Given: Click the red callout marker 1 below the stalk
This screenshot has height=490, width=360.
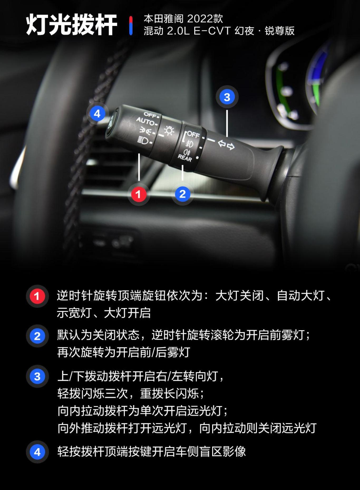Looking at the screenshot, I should [139, 194].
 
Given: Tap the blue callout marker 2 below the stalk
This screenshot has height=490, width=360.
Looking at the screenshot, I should [182, 194].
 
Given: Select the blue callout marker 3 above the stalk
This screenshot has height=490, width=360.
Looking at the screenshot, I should [227, 97].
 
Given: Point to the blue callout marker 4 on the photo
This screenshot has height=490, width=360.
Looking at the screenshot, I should [97, 114].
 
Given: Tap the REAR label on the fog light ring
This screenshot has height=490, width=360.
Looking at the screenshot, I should [184, 158].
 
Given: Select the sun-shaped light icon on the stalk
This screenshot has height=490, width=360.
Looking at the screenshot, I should [169, 131].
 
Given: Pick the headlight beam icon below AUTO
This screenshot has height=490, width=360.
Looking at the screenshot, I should [143, 140].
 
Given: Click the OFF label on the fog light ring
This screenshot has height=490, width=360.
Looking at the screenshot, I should [193, 135].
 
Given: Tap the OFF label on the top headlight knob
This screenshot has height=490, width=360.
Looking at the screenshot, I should [150, 115].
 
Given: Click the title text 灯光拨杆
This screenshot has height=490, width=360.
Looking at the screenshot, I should [71, 25].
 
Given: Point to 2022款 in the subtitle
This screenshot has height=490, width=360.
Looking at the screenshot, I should [205, 19].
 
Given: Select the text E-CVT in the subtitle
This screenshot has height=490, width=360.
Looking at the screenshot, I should [212, 31].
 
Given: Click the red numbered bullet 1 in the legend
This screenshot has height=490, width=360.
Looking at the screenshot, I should [37, 296].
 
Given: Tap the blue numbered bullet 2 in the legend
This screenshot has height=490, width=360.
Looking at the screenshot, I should [37, 336].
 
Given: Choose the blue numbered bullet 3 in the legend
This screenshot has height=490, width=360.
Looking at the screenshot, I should [37, 376].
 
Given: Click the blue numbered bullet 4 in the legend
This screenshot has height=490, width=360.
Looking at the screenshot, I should [37, 452].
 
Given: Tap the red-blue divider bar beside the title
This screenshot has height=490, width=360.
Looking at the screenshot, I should [131, 26].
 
